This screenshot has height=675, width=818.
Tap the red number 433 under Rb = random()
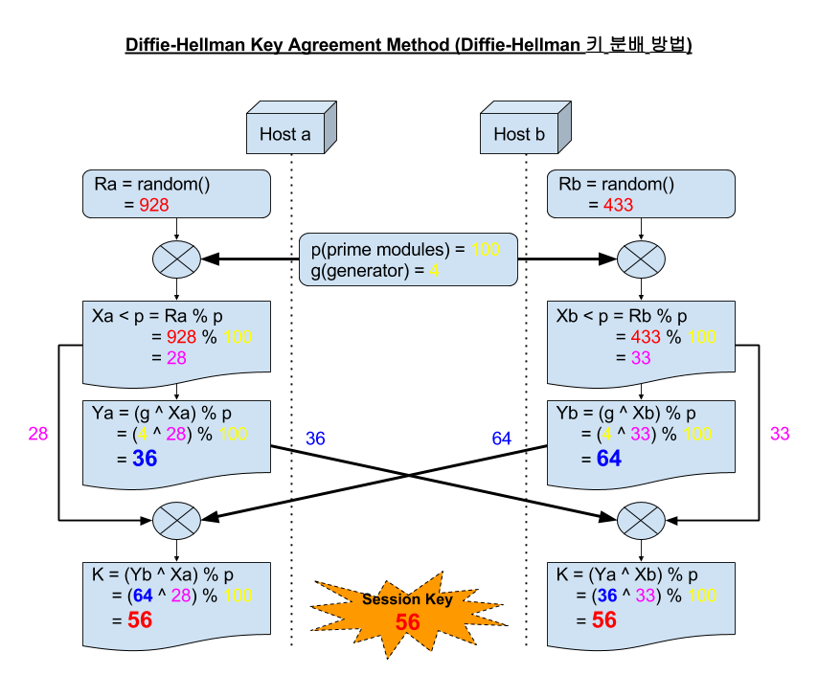[x=618, y=205]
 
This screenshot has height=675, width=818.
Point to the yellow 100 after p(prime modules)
[x=486, y=250]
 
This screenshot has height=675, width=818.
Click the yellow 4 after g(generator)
[x=434, y=271]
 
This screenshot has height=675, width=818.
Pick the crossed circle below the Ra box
[x=177, y=259]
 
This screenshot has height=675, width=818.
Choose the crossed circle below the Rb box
[x=641, y=259]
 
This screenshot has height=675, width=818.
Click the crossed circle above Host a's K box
[x=177, y=521]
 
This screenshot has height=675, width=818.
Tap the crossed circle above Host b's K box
[x=641, y=521]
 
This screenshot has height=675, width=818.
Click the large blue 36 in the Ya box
[x=145, y=459]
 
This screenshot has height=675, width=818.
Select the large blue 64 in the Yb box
[x=609, y=459]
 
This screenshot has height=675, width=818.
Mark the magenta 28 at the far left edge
[x=38, y=434]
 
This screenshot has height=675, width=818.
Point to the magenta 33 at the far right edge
[x=780, y=434]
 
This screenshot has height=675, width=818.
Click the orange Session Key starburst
[x=408, y=611]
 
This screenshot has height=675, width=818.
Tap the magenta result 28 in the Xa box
[x=175, y=358]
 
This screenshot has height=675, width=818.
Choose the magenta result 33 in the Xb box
[x=640, y=358]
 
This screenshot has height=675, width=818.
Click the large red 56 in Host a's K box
[x=140, y=620]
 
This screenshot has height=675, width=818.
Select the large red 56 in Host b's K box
[x=603, y=620]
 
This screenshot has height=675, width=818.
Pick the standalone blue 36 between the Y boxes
[x=315, y=439]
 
